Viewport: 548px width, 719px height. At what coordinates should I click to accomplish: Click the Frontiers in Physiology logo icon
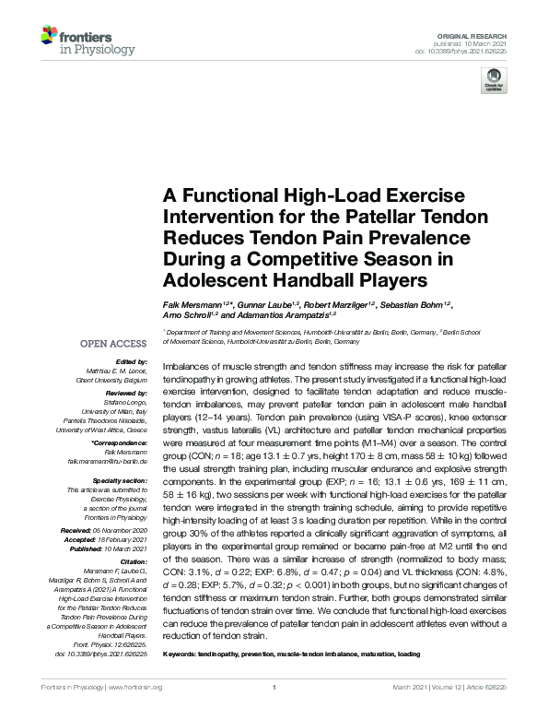(48, 38)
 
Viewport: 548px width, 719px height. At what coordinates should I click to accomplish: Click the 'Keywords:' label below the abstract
(182, 653)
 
